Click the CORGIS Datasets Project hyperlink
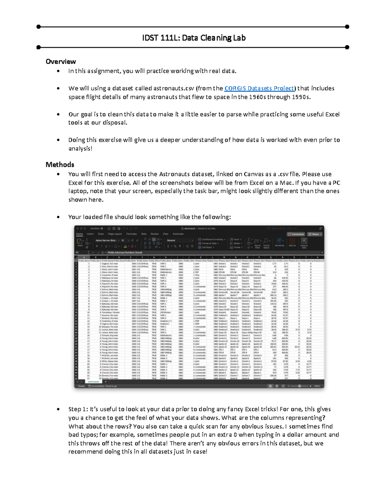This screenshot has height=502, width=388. point(259,88)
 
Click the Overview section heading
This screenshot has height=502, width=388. point(61,61)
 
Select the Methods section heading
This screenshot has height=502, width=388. point(60,165)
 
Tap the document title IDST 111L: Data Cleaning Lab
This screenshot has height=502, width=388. point(194,38)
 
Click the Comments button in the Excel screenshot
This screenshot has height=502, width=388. point(296,234)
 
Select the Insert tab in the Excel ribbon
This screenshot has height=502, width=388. point(90,234)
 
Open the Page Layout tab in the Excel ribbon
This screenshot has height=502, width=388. point(115,234)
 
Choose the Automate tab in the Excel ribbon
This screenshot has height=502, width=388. point(178,234)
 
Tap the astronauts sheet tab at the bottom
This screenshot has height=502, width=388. point(93,381)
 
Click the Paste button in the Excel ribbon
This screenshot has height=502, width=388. point(80,242)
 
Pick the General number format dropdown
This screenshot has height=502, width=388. point(180,240)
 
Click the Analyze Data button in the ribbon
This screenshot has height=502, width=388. point(304,242)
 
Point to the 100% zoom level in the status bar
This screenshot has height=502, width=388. point(317,386)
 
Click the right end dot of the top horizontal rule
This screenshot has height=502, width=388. point(347,27)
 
